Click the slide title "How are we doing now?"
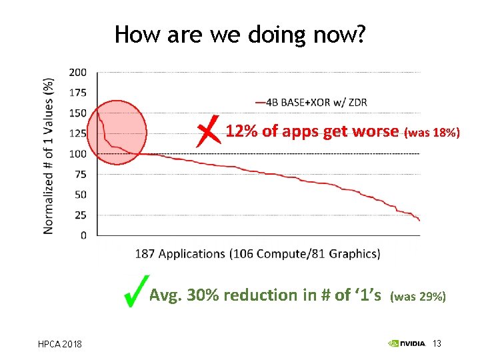click(239, 34)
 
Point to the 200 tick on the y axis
click(78, 72)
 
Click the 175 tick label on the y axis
click(78, 92)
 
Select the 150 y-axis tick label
click(78, 113)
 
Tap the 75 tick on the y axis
click(80, 174)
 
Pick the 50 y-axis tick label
click(80, 195)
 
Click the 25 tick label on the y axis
click(80, 215)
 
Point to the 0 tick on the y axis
click(83, 235)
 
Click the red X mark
click(209, 131)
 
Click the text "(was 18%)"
click(432, 133)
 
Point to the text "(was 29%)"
click(418, 296)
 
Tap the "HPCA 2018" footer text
click(59, 344)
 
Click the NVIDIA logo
click(407, 344)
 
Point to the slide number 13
click(437, 343)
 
